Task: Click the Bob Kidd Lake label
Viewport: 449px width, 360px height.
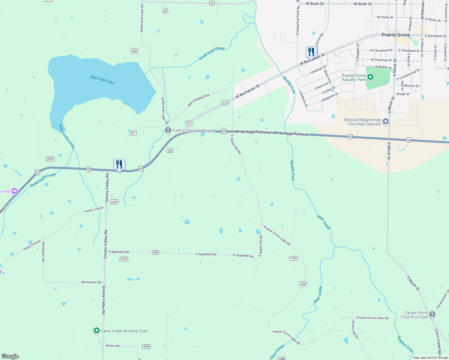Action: point(102,80)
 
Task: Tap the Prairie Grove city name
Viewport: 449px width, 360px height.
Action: point(396,35)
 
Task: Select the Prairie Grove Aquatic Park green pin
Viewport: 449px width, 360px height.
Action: point(370,77)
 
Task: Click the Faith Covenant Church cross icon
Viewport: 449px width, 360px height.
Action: point(168,130)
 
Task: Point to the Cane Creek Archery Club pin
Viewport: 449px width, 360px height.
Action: point(96,331)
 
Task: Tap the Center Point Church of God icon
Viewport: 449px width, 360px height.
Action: point(432,314)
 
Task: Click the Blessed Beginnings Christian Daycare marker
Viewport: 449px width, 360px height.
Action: point(386,121)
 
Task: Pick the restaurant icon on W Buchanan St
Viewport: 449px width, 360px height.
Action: point(311,52)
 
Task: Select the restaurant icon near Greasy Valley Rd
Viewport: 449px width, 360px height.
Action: point(119,165)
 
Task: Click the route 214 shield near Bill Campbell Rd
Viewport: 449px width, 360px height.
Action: point(225,103)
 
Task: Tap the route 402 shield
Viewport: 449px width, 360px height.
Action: point(170,151)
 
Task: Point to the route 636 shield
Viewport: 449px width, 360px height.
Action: point(134,51)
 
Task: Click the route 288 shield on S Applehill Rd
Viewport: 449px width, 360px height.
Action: point(155,252)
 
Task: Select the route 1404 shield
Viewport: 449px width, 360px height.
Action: point(293,258)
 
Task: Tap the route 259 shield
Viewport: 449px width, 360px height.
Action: point(303,283)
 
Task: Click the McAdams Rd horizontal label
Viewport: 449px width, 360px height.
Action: point(91,282)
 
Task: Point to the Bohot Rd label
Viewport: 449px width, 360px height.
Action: point(113,346)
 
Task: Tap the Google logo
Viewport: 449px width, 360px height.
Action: point(10,356)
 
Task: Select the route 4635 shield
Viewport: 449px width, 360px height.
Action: point(50,159)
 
